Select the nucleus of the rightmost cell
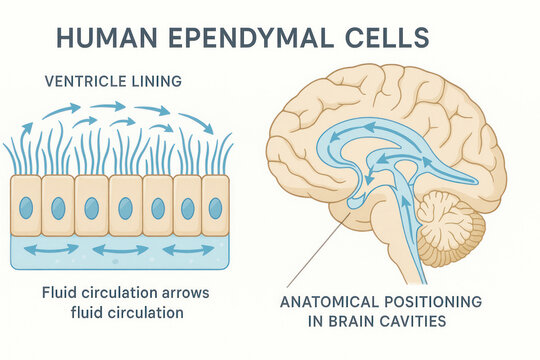coord(215,208)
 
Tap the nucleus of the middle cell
coord(125,208)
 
